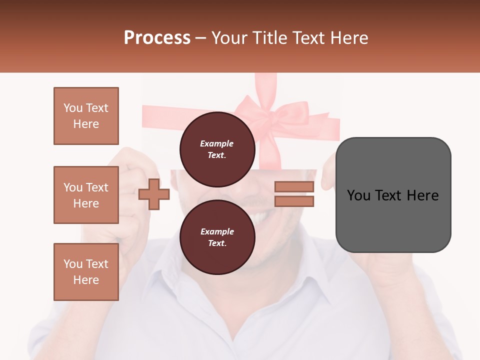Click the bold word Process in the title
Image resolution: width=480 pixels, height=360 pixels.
tap(157, 38)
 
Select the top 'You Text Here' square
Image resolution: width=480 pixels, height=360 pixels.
tap(86, 116)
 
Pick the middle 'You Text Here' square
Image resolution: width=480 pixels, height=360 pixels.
tap(86, 195)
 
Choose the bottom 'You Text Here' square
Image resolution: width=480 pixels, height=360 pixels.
tap(86, 272)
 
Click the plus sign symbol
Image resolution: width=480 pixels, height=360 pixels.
tap(154, 194)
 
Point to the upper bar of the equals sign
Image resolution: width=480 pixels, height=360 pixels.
tap(294, 187)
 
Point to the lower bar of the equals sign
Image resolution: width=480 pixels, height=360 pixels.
tap(294, 201)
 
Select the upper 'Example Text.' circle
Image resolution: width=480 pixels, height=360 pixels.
tap(217, 149)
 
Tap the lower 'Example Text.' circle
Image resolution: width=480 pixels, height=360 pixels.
tap(217, 237)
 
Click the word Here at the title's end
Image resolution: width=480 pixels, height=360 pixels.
tap(348, 38)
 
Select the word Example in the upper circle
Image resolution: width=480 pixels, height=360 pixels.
tap(217, 143)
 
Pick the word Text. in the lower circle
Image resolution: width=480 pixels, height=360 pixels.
tap(217, 243)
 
